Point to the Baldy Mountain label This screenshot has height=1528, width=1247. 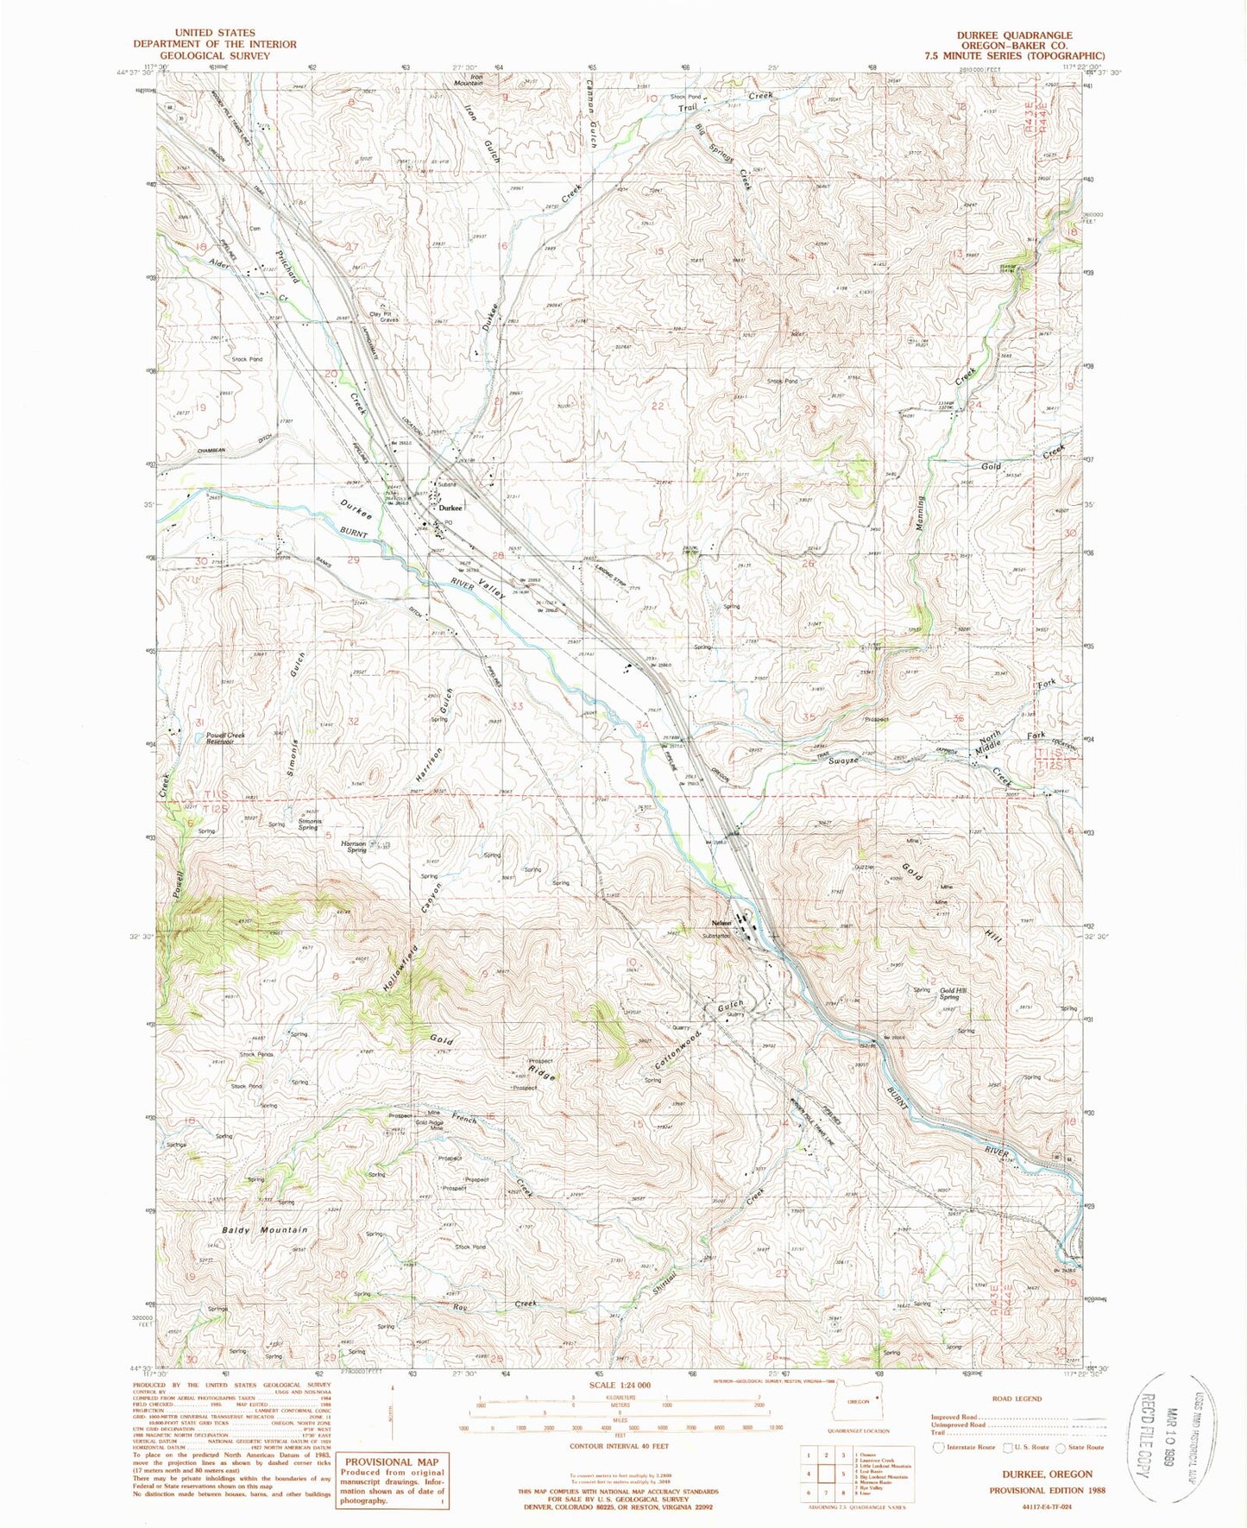point(264,1230)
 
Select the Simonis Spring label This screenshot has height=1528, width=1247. point(308,824)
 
